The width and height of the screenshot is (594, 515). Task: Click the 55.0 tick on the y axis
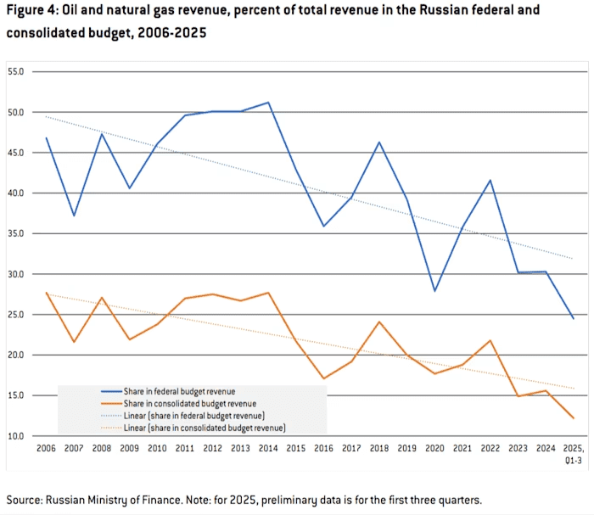click(x=17, y=72)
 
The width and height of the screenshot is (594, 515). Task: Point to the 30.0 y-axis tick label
click(x=17, y=274)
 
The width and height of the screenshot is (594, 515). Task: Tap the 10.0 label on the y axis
click(x=17, y=436)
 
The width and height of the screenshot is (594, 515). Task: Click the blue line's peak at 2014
click(x=268, y=103)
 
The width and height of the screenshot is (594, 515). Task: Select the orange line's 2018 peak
click(x=379, y=322)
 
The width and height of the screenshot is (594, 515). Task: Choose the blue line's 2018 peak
click(x=379, y=142)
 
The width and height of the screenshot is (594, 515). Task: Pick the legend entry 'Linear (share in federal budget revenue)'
click(x=191, y=417)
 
